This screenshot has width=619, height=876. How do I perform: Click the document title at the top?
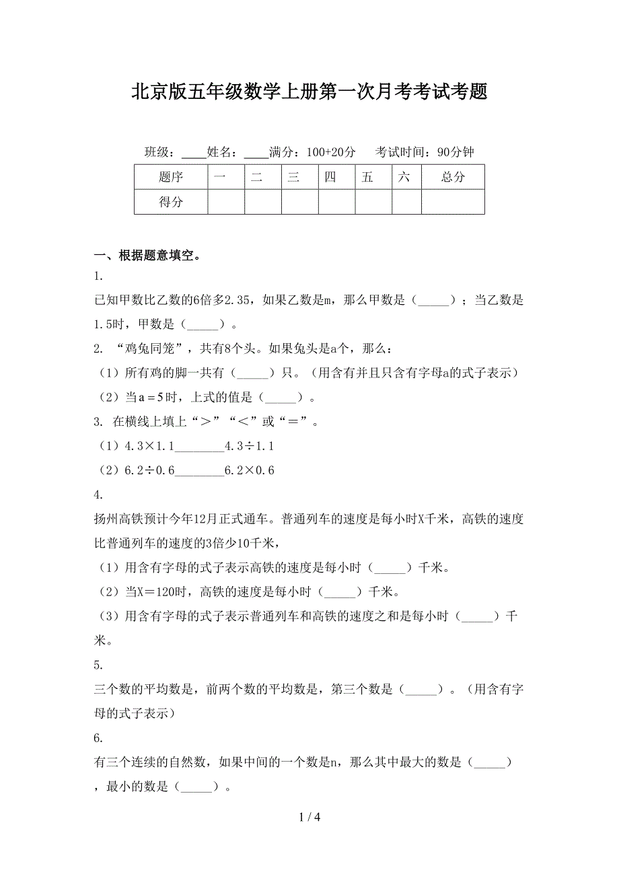(x=309, y=92)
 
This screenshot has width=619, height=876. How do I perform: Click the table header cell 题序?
(x=171, y=177)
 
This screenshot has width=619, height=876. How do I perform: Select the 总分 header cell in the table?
(x=453, y=177)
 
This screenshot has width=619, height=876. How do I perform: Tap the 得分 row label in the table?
(x=171, y=201)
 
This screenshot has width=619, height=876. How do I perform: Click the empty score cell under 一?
(x=226, y=201)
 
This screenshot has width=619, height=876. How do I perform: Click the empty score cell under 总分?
(x=453, y=201)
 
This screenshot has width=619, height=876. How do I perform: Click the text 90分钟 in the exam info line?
(x=455, y=152)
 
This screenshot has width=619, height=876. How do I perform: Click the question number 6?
(x=98, y=738)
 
